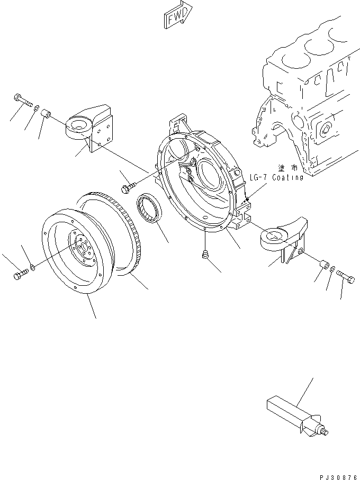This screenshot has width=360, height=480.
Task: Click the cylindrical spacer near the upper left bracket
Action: coord(46,114)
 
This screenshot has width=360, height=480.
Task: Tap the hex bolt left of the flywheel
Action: coord(19,275)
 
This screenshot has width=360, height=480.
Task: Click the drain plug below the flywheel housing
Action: coord(204,256)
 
